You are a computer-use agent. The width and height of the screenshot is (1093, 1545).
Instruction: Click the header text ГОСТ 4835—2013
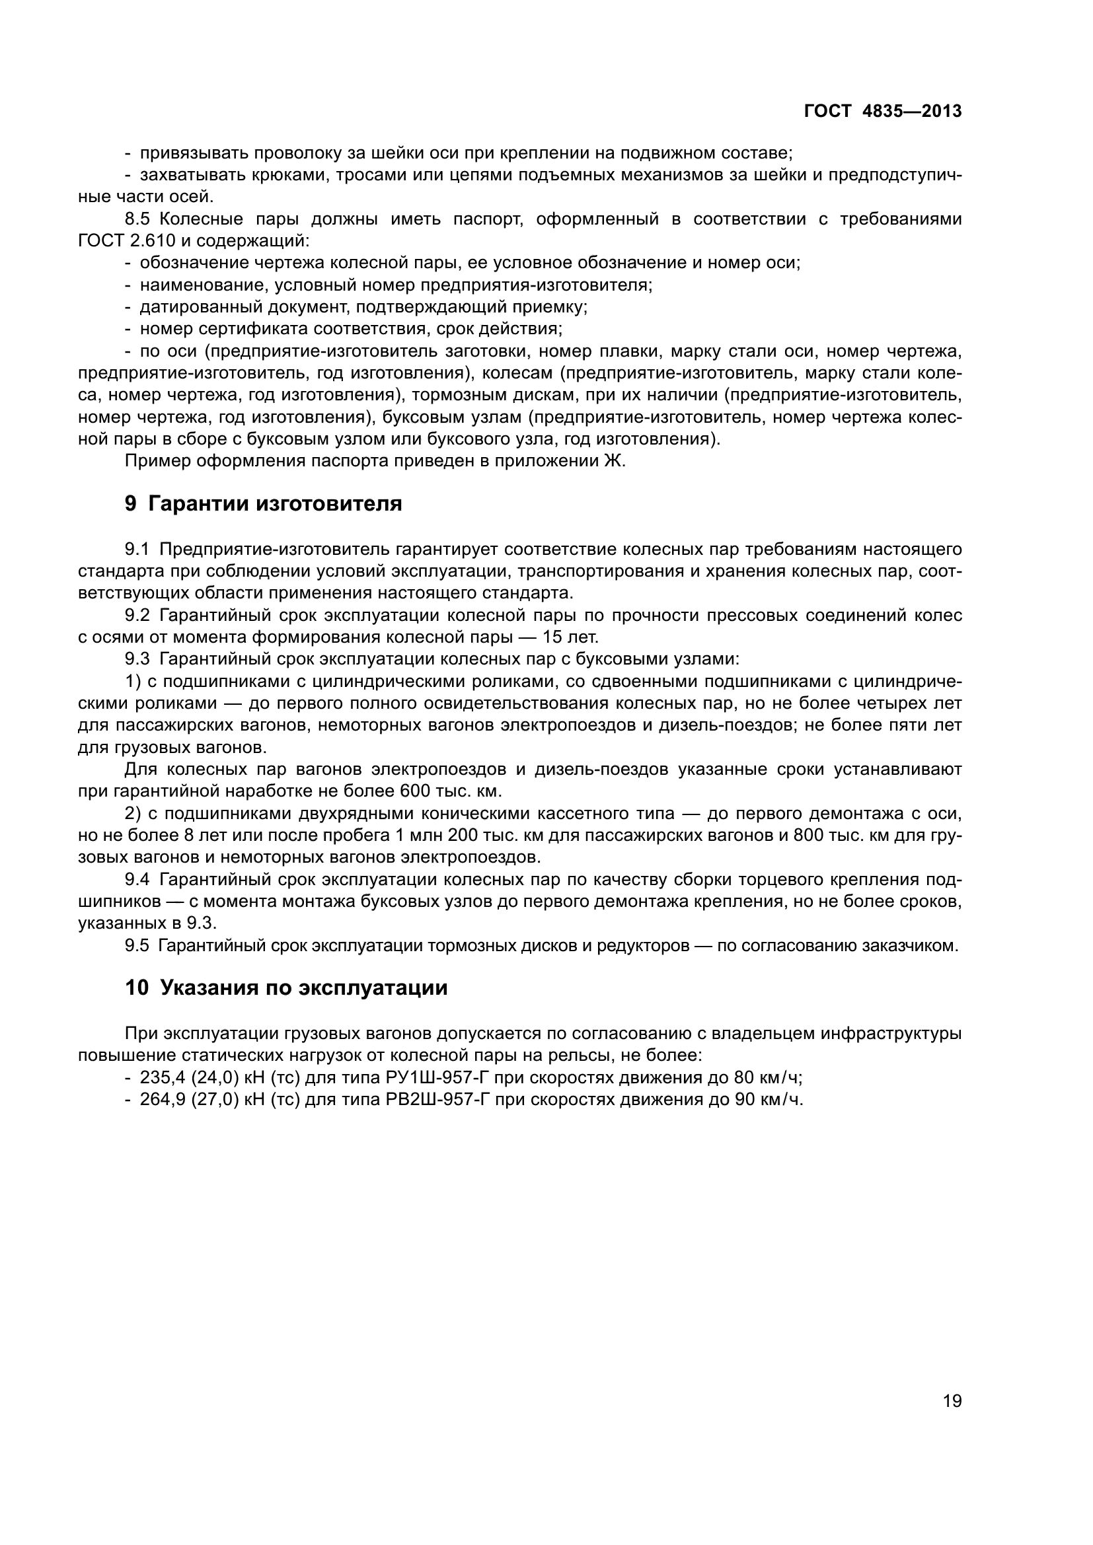(x=882, y=111)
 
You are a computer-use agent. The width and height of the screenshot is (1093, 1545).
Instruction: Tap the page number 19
(x=952, y=1401)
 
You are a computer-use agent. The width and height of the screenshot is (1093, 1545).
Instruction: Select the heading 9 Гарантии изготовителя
(x=263, y=503)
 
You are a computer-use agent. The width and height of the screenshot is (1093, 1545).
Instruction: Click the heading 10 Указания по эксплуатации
(x=286, y=988)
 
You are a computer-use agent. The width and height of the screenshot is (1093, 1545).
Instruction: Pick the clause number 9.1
(x=137, y=549)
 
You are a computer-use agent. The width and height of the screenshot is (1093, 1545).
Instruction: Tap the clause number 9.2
(x=137, y=615)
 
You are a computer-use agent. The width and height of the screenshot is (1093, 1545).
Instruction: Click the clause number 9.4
(x=137, y=879)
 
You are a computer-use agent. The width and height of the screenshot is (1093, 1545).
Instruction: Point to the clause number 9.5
(x=137, y=945)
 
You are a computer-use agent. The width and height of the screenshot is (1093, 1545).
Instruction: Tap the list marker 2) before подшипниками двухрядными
(x=133, y=814)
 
